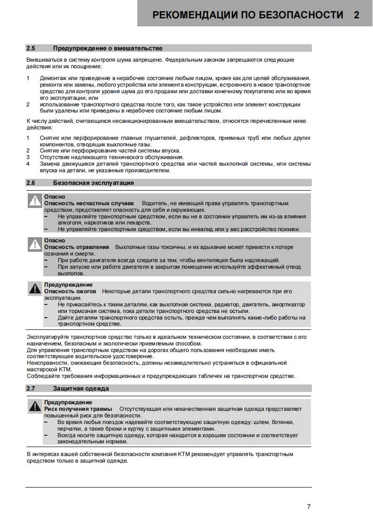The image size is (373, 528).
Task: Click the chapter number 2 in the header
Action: coord(357,15)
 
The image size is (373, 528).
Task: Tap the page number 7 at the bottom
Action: coord(309,507)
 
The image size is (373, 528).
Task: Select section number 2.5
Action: coord(31,48)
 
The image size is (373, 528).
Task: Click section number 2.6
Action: coord(31,183)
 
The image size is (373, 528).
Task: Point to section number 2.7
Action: coord(31,388)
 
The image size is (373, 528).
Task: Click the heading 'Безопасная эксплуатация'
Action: coord(93,183)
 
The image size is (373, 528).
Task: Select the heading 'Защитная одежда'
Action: coord(81,388)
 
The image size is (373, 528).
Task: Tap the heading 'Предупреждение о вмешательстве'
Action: coord(108,48)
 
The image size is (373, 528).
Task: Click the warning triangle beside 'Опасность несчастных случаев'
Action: coord(35,201)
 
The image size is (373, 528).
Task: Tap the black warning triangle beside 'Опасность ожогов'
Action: coord(35,289)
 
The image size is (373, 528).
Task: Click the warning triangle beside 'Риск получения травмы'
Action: coord(35,407)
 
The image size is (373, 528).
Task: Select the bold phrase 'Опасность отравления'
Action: coord(77,247)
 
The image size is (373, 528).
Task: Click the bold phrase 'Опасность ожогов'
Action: coord(70,291)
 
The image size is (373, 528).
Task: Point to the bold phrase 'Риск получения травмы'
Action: coord(78,409)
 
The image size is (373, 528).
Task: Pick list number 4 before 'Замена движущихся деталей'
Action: coord(28,164)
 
